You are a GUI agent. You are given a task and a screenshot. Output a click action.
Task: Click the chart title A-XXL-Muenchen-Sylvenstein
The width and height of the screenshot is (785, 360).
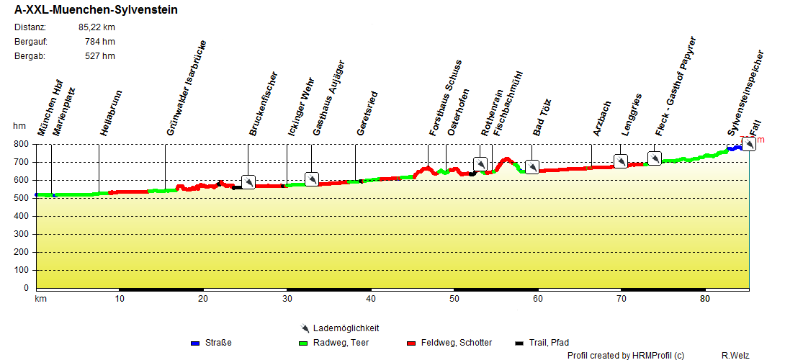97,11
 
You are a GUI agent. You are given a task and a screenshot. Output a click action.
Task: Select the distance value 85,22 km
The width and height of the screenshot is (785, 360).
97,27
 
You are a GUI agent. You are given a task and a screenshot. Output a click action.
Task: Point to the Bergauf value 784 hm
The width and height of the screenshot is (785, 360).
100,42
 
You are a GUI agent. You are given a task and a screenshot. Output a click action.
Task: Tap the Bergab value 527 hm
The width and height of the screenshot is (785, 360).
100,56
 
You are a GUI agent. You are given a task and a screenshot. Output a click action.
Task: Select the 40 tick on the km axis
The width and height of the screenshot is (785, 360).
370,299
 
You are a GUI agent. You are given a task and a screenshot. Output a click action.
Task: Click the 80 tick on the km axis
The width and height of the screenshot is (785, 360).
705,299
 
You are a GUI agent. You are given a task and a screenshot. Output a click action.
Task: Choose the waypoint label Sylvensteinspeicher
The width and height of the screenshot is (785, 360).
745,93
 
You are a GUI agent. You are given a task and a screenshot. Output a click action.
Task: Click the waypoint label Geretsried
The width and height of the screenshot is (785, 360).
367,113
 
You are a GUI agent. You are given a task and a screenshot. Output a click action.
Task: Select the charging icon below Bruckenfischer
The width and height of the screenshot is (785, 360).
248,182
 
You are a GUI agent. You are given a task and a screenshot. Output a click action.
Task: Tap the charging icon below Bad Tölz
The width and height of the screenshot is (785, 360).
532,167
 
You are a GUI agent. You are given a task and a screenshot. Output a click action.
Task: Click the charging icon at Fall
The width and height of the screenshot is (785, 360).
749,144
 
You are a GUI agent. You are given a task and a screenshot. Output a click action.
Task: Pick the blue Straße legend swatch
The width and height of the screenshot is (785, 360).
195,343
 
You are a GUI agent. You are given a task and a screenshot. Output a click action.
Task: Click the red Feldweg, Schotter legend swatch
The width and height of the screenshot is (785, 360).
412,343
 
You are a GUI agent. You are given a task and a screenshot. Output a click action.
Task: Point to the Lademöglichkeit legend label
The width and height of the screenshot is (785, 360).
346,328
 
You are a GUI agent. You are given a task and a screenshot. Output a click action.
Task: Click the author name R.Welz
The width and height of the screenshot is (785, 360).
735,355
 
